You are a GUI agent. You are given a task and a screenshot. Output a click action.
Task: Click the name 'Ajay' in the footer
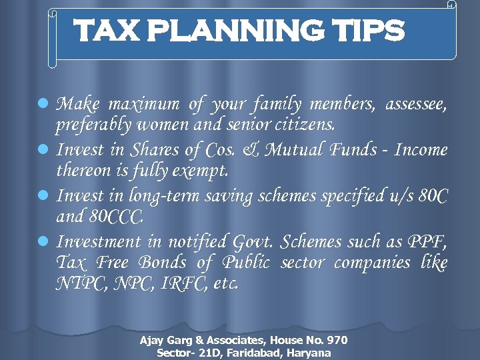(151, 341)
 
